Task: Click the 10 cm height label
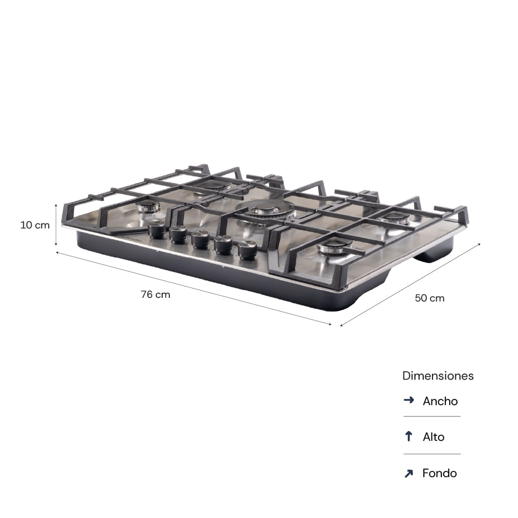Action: click(35, 225)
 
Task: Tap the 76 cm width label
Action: click(155, 294)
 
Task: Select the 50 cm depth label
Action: click(429, 298)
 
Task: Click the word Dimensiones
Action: click(438, 376)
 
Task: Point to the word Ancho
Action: click(440, 401)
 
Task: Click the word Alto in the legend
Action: click(434, 437)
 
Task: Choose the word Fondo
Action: click(439, 473)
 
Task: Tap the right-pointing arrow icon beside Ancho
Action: click(409, 400)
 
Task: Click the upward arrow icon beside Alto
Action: click(409, 436)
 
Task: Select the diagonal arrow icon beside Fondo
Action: click(409, 473)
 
